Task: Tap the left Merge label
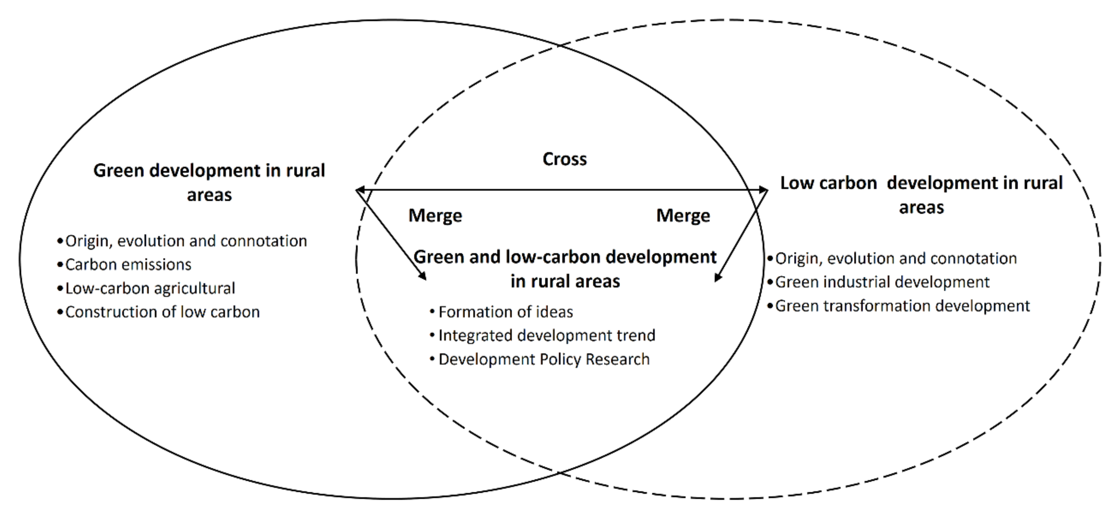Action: [x=435, y=215]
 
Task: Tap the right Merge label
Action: [x=683, y=215]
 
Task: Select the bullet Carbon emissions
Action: [x=128, y=265]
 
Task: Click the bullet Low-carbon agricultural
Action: [x=150, y=288]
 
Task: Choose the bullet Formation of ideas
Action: [x=505, y=312]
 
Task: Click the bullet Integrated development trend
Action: [x=546, y=336]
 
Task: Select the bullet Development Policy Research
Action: [x=544, y=360]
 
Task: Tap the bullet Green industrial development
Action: [x=882, y=282]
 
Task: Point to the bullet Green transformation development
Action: [x=902, y=306]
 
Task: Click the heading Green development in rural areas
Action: [x=209, y=182]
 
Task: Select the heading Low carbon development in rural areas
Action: [x=921, y=195]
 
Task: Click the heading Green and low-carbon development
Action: [x=565, y=269]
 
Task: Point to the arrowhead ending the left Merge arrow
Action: [x=423, y=276]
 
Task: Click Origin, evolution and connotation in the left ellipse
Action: [x=185, y=241]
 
